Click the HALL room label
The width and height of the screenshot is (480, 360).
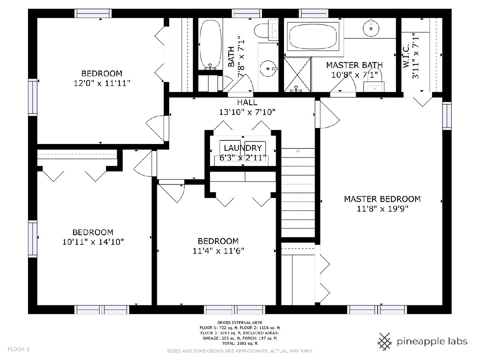[x=247, y=102]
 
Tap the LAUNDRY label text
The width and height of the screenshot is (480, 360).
[x=243, y=148]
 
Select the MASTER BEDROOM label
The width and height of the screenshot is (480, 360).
[x=382, y=199]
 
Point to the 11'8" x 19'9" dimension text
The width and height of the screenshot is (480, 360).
[x=382, y=209]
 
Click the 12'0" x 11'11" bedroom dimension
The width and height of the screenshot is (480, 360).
[x=102, y=83]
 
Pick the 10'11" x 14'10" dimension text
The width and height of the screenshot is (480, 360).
[x=93, y=242]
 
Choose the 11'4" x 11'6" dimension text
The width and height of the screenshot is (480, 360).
[x=218, y=251]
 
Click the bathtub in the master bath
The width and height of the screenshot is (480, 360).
[x=313, y=36]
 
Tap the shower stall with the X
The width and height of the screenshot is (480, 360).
[x=298, y=74]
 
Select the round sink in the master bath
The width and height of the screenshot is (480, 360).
[x=371, y=28]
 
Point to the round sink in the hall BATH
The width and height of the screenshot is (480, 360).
[x=268, y=69]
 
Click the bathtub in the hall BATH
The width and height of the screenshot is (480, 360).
[x=210, y=44]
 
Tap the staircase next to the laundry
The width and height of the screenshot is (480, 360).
[x=298, y=192]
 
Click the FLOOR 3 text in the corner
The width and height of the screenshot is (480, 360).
[x=18, y=349]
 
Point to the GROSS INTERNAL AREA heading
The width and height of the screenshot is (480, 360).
[x=240, y=322]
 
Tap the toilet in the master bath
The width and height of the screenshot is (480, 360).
[x=374, y=81]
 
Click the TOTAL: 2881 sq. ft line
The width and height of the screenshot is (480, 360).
[x=240, y=343]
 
